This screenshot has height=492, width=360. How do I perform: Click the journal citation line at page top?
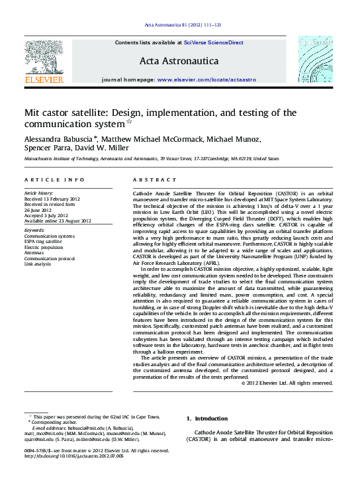179,26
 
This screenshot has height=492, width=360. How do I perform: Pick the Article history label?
40,192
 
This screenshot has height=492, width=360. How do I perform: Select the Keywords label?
35,230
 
